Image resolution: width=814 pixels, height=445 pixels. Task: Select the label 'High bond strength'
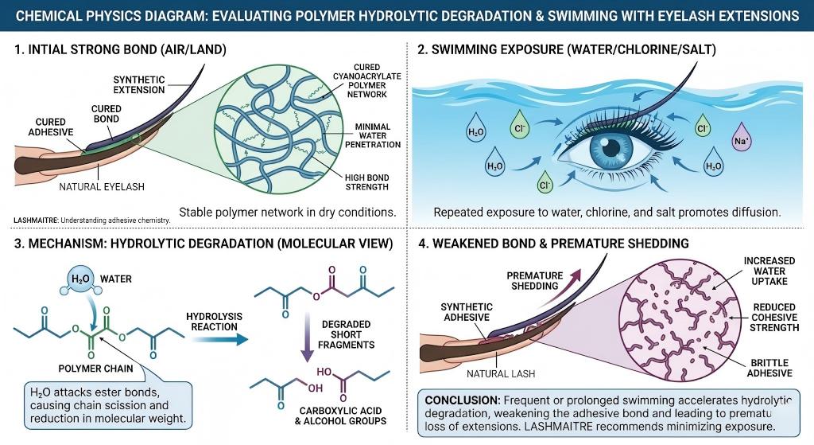[x=366, y=182]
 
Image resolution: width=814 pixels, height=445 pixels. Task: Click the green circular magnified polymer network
[x=270, y=134]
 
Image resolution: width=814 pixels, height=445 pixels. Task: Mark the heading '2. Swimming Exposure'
[x=567, y=49]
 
